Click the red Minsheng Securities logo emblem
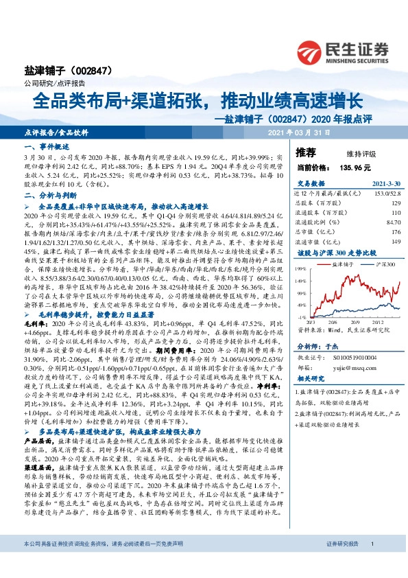pyautogui.click(x=312, y=49)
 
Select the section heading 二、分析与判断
pyautogui.click(x=47, y=196)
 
